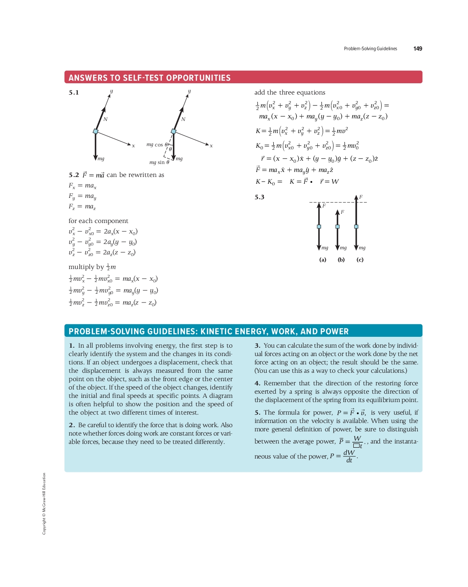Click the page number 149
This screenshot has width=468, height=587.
[417, 49]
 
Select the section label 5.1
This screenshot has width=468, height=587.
[74, 92]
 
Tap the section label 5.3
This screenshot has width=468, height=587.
[260, 197]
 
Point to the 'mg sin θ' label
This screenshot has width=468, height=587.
[159, 162]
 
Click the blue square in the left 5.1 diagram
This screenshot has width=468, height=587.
[95, 131]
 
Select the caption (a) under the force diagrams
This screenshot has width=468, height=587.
[323, 260]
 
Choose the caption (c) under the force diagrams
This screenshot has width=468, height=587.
[360, 260]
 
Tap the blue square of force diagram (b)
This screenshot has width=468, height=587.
[337, 227]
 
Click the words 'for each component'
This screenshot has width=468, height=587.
[98, 221]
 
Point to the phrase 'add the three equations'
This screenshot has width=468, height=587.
[290, 92]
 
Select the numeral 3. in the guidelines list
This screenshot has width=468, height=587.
[257, 346]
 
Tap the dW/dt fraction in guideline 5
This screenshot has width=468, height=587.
[349, 456]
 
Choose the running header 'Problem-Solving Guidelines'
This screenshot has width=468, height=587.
[370, 49]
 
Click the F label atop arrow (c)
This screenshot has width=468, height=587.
[361, 197]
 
